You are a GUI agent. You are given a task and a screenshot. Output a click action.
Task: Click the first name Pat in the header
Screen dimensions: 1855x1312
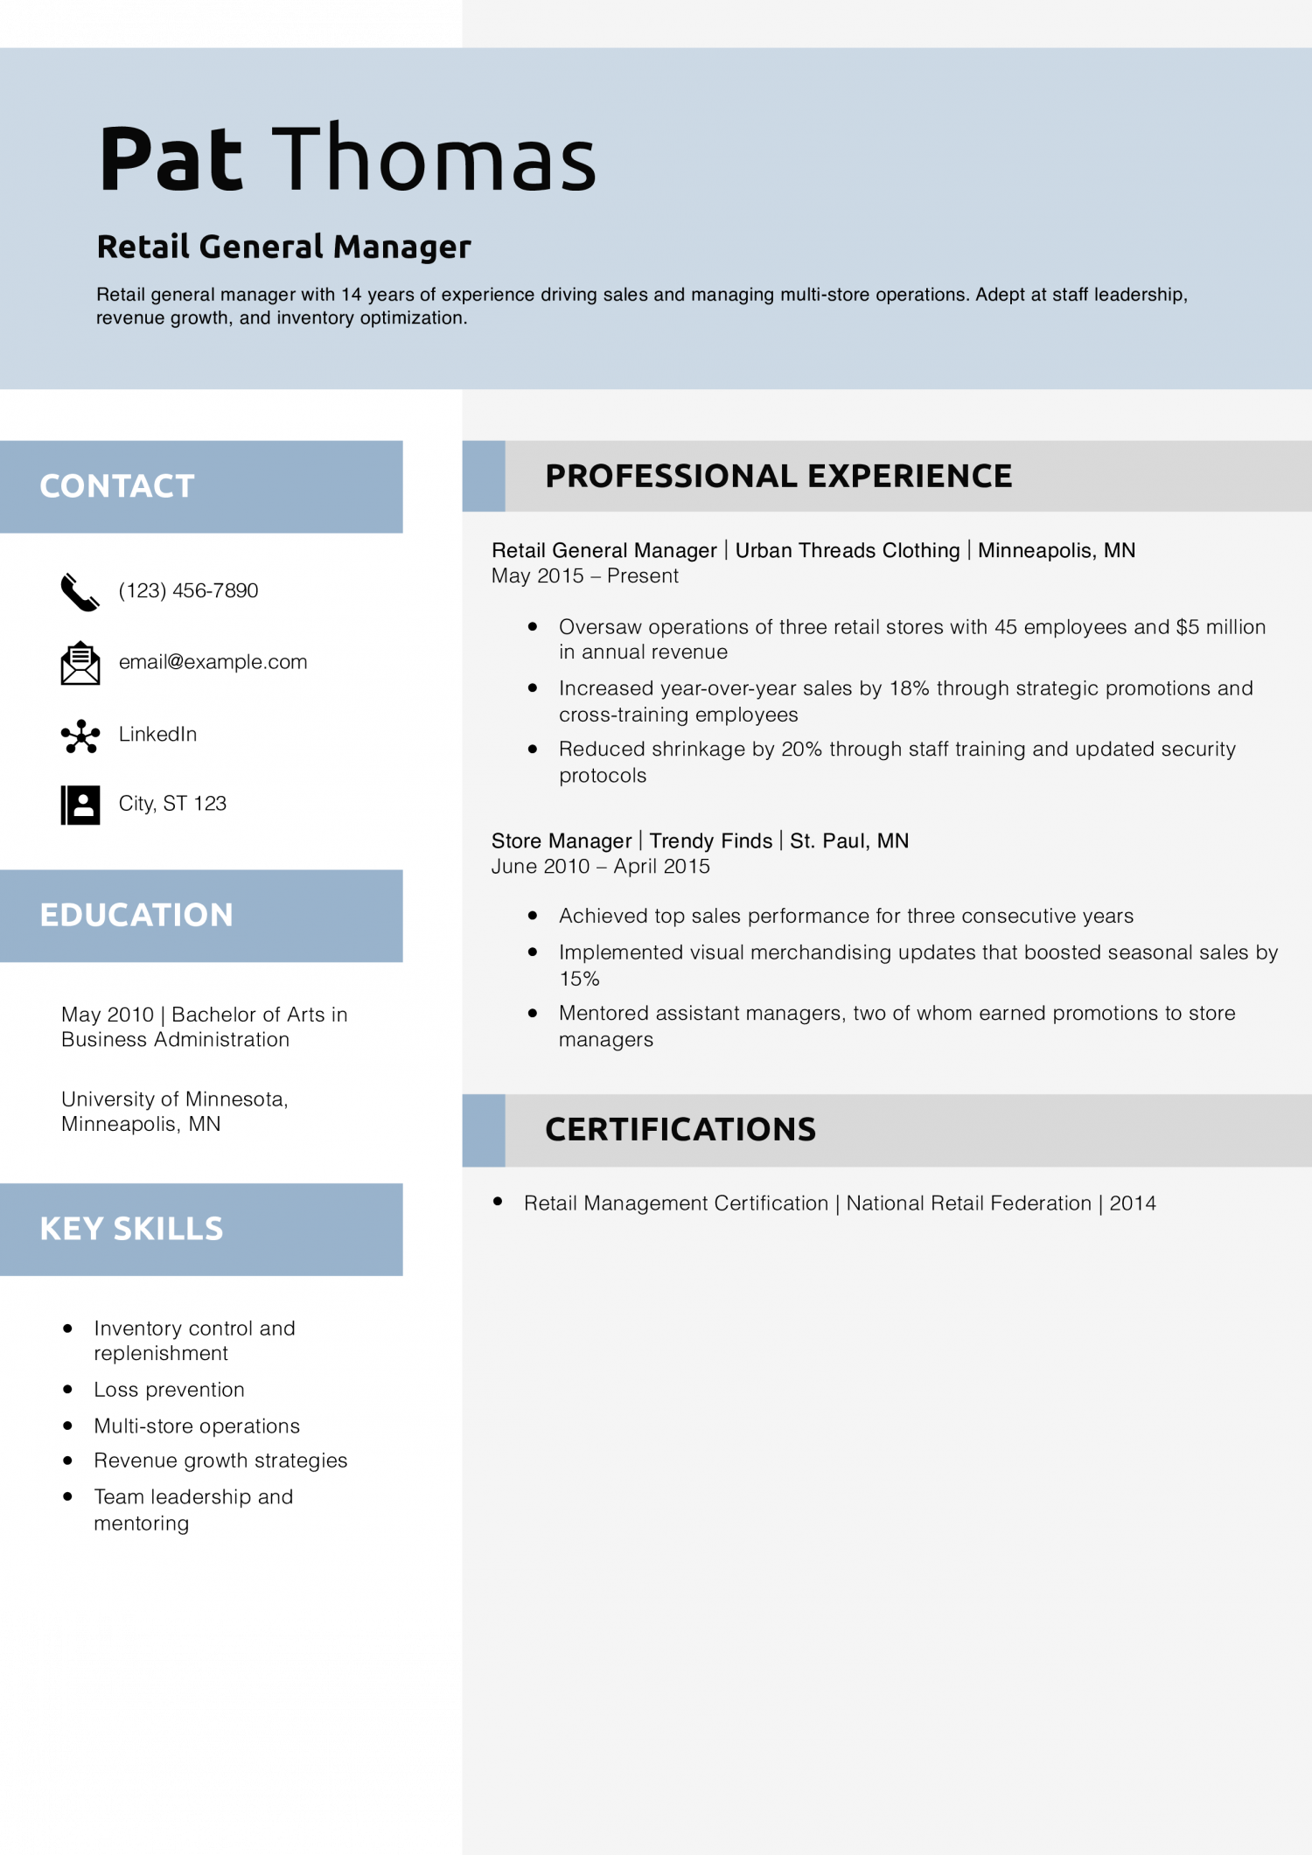tap(171, 159)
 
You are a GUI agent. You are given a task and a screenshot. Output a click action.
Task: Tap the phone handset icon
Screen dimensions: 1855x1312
tap(80, 592)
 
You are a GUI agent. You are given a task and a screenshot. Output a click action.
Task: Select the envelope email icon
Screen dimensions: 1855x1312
tap(80, 663)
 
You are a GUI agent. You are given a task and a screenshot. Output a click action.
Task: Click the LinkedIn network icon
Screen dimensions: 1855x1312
tap(80, 736)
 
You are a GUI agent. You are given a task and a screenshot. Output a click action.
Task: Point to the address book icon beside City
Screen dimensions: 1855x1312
tap(80, 805)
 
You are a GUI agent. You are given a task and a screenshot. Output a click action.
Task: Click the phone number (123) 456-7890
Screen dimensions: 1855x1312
tap(188, 591)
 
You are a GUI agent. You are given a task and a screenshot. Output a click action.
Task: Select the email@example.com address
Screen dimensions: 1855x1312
tap(213, 662)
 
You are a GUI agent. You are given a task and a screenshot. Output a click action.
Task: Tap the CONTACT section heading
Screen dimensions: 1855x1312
tap(117, 486)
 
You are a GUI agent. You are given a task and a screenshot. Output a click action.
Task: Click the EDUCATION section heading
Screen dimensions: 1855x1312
tap(136, 916)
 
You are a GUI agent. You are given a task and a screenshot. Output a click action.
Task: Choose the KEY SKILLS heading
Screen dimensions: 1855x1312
tap(131, 1229)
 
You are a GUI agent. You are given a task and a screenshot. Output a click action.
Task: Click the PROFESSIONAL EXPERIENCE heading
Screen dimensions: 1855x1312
tap(778, 477)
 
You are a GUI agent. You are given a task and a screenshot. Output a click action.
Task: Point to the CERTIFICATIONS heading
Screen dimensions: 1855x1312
tap(680, 1130)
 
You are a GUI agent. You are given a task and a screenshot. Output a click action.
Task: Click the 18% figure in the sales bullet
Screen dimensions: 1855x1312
tap(909, 689)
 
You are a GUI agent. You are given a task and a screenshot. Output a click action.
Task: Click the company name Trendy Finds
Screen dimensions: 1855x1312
tap(710, 841)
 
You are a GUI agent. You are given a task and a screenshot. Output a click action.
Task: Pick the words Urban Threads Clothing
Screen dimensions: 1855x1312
tap(847, 551)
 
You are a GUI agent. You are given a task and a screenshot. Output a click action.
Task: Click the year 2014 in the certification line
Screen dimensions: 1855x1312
tap(1133, 1204)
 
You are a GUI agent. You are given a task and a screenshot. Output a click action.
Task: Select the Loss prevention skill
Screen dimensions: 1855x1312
tap(169, 1390)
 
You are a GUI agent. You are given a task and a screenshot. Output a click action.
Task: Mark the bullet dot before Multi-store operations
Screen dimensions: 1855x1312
tap(67, 1426)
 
